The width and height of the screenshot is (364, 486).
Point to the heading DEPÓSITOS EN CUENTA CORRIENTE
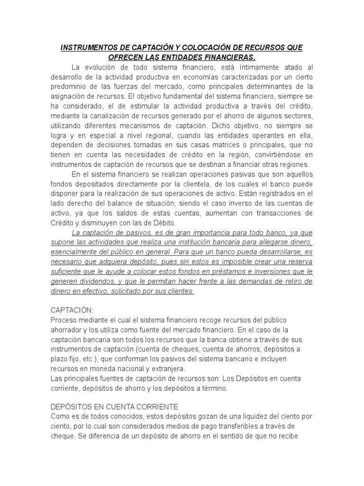114,407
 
